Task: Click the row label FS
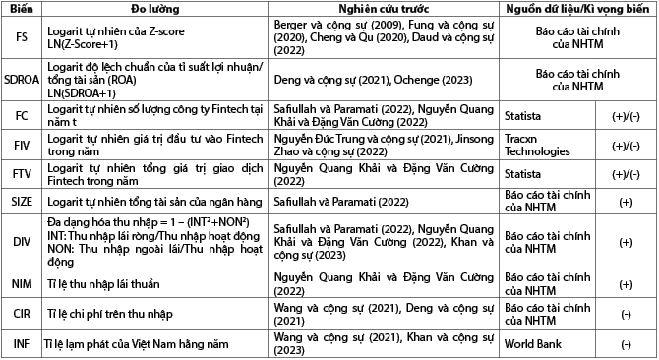point(20,38)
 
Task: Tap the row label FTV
point(20,175)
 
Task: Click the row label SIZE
point(20,204)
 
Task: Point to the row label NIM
point(20,285)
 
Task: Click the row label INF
point(20,344)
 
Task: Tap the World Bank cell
point(533,344)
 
